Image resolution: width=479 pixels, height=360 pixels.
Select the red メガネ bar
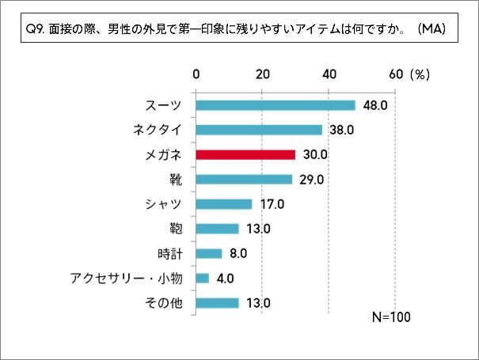(x=245, y=154)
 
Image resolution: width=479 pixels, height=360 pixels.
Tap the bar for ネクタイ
(x=258, y=130)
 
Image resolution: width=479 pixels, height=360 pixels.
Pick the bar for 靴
(x=243, y=179)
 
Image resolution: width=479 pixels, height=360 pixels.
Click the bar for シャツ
(x=223, y=204)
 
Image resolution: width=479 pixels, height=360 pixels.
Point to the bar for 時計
(x=208, y=253)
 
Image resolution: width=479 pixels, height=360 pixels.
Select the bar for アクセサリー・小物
(x=202, y=278)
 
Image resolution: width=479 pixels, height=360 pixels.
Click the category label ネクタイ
(x=158, y=130)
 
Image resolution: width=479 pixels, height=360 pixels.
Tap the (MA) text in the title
(x=431, y=30)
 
